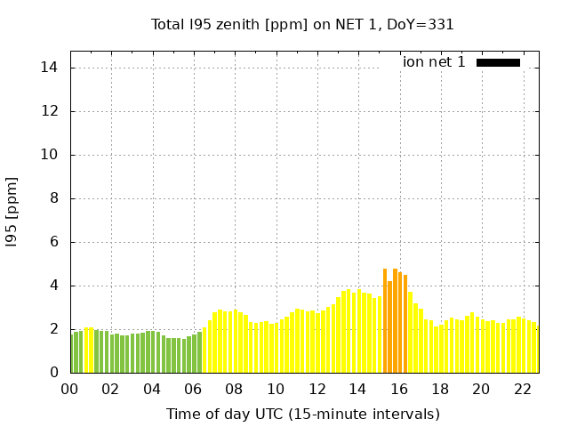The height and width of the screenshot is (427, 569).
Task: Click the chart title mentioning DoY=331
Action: point(302,25)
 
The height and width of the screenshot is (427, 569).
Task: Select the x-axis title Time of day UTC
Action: point(302,414)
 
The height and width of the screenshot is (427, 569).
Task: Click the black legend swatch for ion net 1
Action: point(498,62)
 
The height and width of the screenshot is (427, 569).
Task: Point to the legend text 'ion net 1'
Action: point(434,62)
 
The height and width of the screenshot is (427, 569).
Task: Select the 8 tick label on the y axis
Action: point(53,198)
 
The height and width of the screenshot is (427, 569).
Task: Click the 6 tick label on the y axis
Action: point(53,242)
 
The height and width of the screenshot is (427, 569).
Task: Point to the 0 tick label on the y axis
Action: point(53,373)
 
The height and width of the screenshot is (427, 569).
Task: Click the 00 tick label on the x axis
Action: point(70,389)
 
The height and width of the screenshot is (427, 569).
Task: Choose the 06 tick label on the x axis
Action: point(194,389)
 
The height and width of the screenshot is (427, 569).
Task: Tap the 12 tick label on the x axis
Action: point(317,389)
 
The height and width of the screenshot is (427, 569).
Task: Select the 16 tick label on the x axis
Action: point(399,389)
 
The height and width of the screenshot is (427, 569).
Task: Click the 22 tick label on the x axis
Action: point(523,389)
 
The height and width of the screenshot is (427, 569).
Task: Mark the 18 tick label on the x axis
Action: point(440,389)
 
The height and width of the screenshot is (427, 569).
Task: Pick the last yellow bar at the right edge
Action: point(536,349)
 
